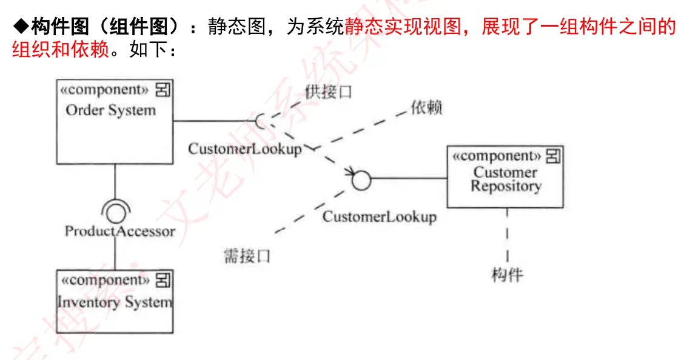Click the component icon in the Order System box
[x=163, y=90]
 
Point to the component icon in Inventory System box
[x=163, y=280]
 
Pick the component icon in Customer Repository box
[x=553, y=156]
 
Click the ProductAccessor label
[x=119, y=231]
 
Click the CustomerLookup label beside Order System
[x=244, y=148]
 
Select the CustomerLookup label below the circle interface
[x=379, y=216]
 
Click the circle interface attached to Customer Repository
[x=361, y=179]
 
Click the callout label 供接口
[x=328, y=92]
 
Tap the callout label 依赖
[x=426, y=108]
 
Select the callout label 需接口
[x=247, y=256]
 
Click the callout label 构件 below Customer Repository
[x=507, y=275]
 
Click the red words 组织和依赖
[x=60, y=49]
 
